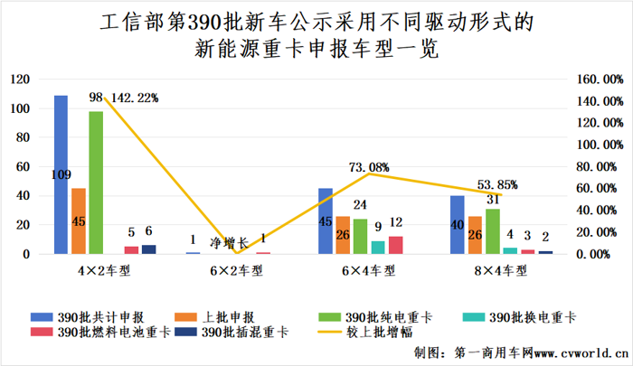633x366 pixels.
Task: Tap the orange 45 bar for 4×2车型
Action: coord(79,221)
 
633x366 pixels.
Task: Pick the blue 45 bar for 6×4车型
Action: coord(325,221)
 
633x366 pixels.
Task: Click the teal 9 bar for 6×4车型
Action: coord(378,248)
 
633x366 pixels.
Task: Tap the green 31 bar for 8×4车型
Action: coord(493,231)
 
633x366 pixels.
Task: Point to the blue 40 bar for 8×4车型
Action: coord(458,225)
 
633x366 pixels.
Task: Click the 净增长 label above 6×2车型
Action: coord(228,242)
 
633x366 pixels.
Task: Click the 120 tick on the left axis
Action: coord(18,80)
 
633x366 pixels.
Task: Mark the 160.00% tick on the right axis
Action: coord(599,80)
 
